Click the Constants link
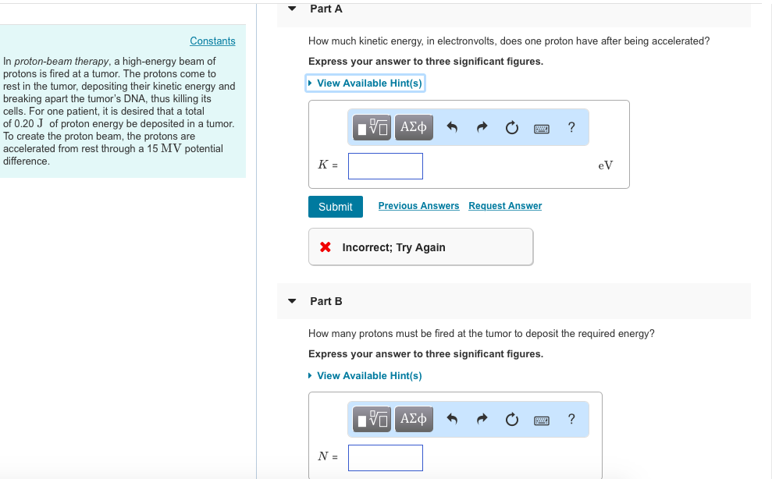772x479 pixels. (212, 41)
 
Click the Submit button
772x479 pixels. (335, 207)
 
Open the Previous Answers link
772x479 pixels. (418, 206)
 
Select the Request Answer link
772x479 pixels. (505, 206)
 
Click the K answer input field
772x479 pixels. (386, 165)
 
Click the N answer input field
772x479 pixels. (386, 457)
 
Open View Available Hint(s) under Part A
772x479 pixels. (368, 83)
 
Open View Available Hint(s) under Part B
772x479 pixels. (368, 376)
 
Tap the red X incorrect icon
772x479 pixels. (325, 247)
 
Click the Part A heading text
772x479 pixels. (326, 9)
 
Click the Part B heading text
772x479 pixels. (326, 301)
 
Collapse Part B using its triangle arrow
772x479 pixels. (292, 301)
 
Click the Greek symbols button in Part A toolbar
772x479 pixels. (413, 127)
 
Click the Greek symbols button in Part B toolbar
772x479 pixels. (413, 420)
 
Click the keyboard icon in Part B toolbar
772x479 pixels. (542, 420)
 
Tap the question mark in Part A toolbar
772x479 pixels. (571, 127)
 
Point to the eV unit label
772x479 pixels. (605, 165)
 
